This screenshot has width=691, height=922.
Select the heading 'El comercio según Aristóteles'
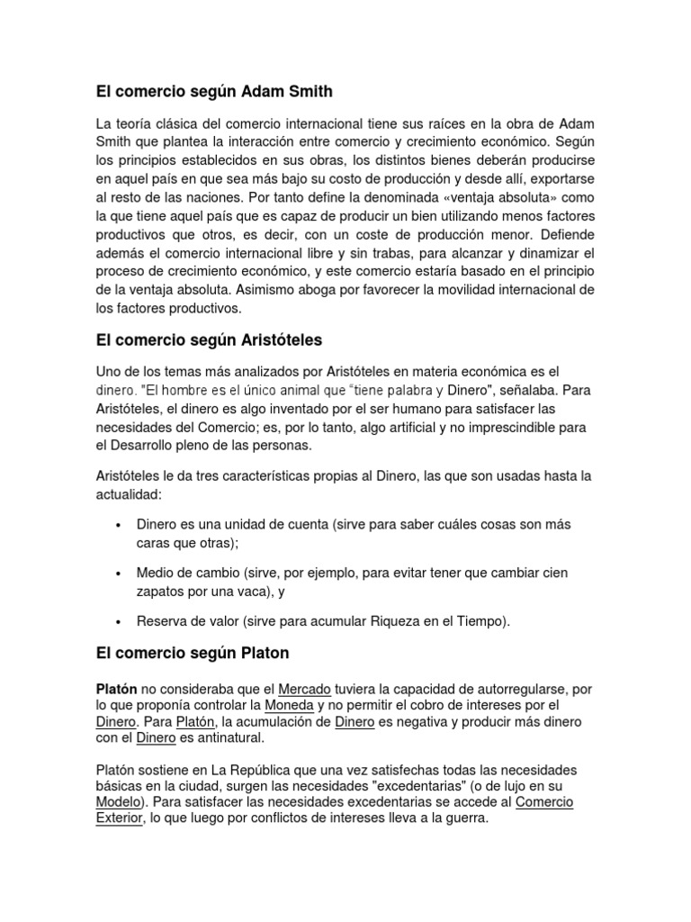pos(208,339)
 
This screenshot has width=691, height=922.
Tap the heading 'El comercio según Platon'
pos(192,652)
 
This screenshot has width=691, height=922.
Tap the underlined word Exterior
pos(119,819)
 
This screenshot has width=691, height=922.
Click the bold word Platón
pos(117,689)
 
